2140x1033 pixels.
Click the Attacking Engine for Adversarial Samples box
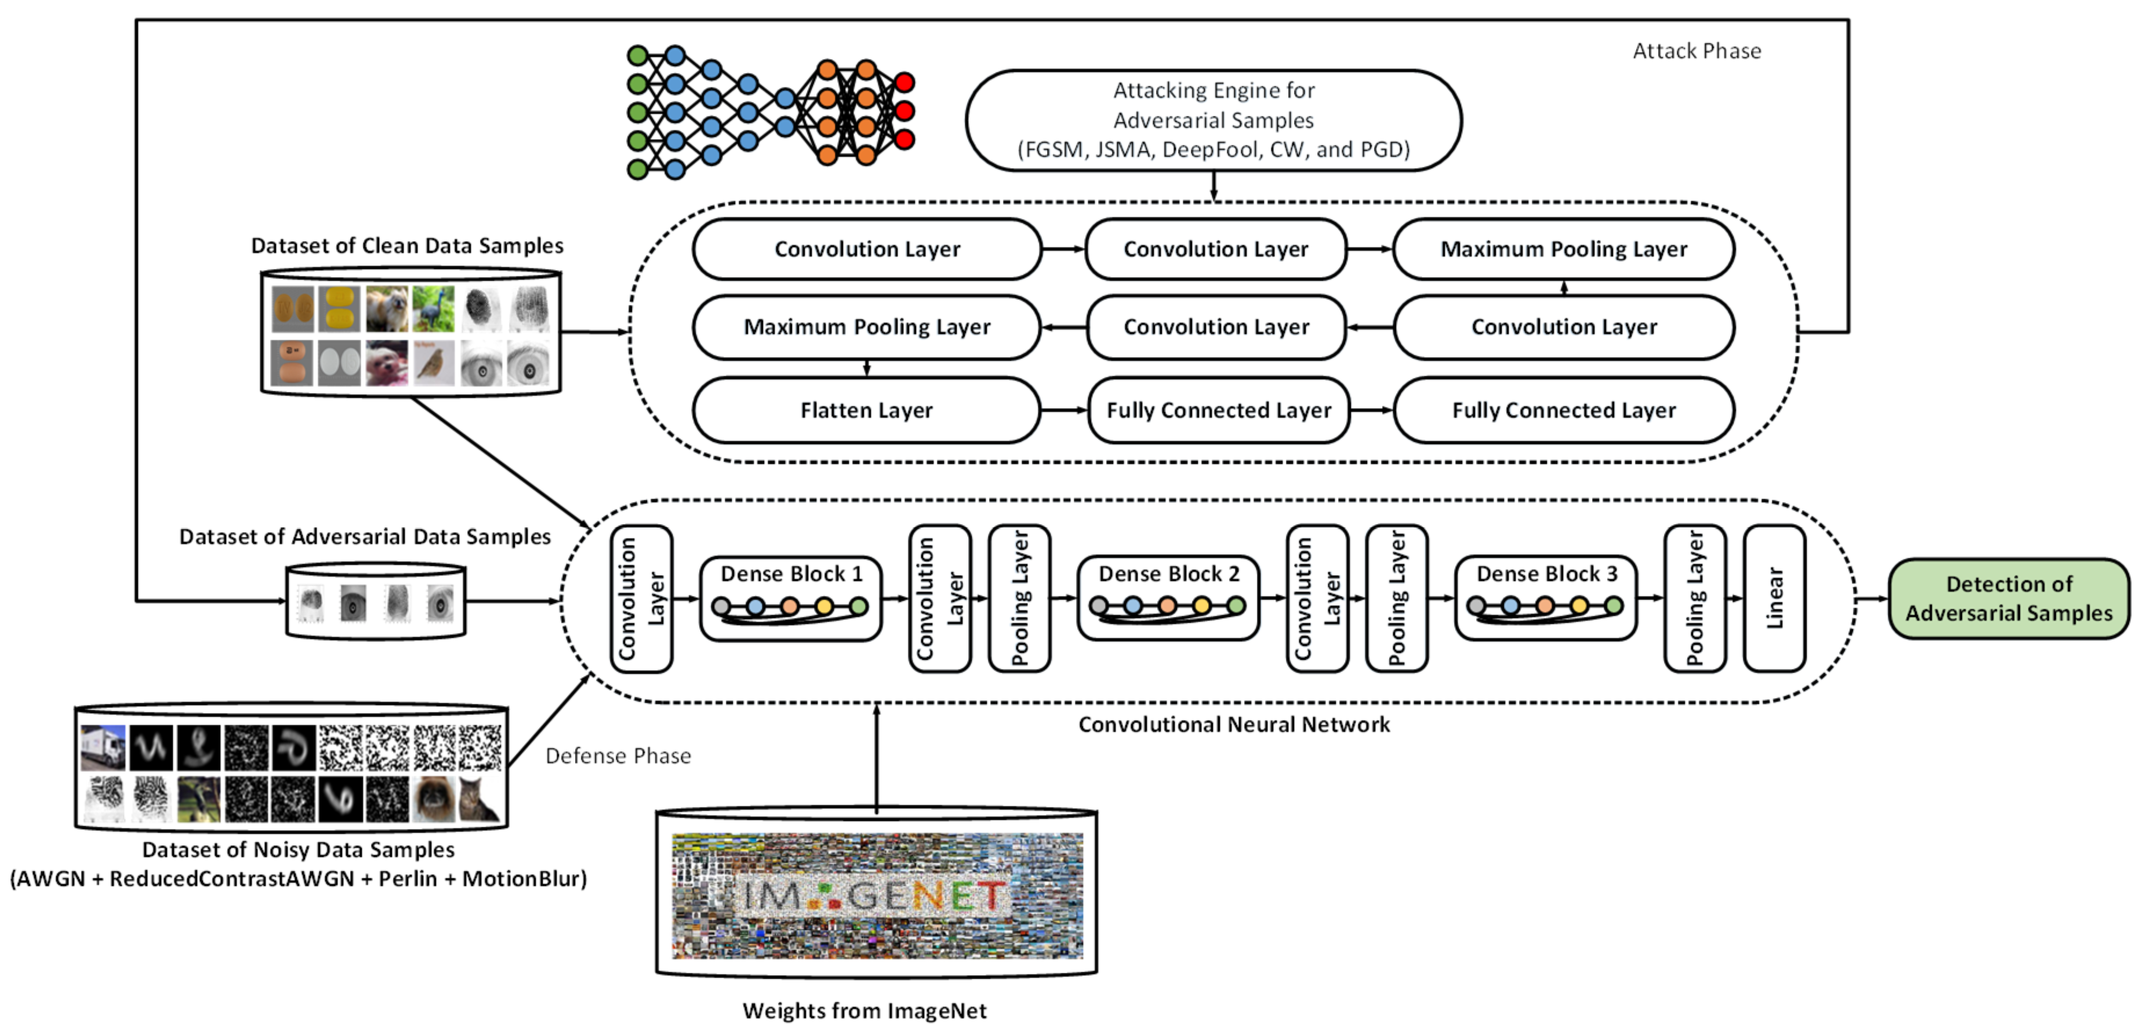tap(1213, 121)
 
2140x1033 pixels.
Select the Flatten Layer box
tap(866, 410)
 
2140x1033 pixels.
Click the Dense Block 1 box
tap(791, 598)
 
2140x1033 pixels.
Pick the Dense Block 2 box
tap(1168, 598)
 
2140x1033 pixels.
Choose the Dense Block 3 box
tap(1546, 598)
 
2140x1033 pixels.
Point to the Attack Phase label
tap(1696, 52)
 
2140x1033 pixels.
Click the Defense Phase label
tap(618, 756)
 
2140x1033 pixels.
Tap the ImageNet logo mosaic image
tap(877, 896)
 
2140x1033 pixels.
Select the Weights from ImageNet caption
tap(865, 1010)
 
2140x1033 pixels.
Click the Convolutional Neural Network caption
tap(1234, 725)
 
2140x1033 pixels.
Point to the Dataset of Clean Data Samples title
tap(407, 246)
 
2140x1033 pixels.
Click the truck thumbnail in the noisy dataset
tap(103, 747)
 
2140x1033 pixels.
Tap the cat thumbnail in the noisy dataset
tap(480, 798)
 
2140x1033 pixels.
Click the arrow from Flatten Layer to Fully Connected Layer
tap(1064, 410)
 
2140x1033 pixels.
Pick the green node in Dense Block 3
tap(1614, 606)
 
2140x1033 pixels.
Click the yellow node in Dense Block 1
tap(824, 606)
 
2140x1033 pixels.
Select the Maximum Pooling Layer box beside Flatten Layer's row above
tap(866, 327)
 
